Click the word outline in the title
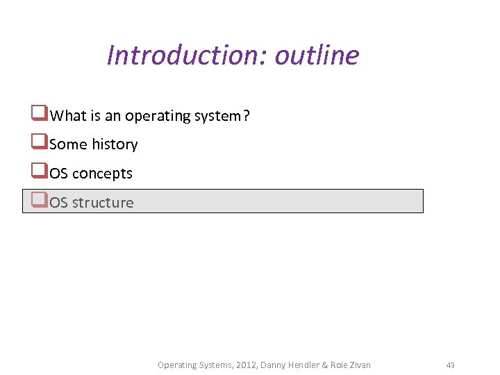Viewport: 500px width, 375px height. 317,55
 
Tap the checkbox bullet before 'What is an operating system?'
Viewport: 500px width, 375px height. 39,114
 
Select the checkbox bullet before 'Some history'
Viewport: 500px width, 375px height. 39,143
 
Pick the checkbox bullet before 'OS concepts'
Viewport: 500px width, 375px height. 39,172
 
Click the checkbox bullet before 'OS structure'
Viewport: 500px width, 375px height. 39,201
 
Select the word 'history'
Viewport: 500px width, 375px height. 115,144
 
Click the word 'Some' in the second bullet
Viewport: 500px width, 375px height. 69,144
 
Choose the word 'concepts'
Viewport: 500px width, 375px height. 102,174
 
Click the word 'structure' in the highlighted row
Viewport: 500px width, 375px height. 103,203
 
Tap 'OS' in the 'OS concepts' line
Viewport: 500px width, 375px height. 59,174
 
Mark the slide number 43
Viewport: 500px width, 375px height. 450,365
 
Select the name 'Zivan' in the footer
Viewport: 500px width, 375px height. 359,365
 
